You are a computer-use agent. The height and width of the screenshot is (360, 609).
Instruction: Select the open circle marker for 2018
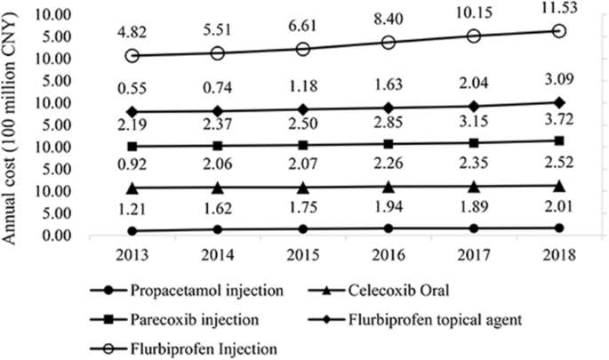558,30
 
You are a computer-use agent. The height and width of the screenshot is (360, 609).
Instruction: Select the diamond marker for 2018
558,102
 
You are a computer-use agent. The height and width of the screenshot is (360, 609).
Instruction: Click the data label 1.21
132,211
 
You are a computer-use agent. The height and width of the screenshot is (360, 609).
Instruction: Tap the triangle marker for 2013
132,188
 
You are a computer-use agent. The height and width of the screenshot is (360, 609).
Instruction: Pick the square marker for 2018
558,140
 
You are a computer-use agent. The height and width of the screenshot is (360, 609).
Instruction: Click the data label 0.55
132,90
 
